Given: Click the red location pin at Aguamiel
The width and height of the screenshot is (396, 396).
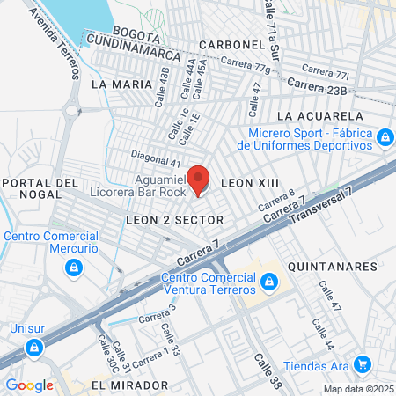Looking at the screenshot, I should (x=199, y=179).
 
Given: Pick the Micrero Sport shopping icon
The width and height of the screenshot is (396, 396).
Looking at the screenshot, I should (x=384, y=138).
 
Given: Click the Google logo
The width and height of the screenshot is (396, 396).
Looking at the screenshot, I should (x=29, y=385).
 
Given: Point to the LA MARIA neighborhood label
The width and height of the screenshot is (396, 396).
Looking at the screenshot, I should (x=115, y=84).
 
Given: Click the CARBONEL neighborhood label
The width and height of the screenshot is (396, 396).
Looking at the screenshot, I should (x=231, y=44).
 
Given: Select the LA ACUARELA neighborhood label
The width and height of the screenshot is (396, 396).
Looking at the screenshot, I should (x=319, y=115).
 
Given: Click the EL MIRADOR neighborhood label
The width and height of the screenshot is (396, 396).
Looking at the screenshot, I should (x=129, y=385).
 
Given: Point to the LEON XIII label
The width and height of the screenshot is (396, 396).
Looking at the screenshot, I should (x=249, y=183).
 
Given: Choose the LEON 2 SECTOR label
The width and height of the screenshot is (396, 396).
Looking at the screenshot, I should (x=175, y=218).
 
